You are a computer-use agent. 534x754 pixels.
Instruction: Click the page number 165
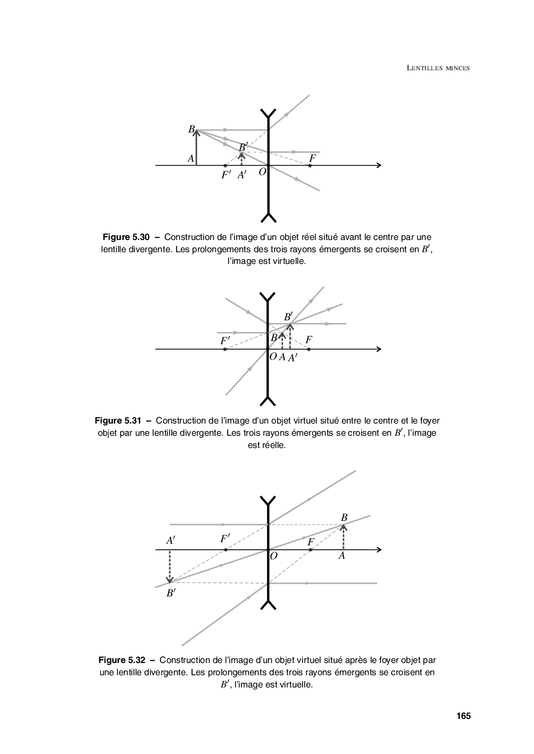coord(463,716)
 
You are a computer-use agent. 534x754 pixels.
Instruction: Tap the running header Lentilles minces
coord(438,68)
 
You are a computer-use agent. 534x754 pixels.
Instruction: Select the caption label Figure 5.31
coord(118,420)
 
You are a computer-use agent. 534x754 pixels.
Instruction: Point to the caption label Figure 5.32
coord(122,660)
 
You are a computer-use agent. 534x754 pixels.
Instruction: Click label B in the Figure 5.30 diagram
coord(191,129)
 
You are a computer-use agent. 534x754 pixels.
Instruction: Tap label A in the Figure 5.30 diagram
coord(190,158)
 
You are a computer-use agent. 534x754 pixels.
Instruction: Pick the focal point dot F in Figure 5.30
coord(310,165)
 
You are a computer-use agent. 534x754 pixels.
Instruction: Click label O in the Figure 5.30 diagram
coord(262,172)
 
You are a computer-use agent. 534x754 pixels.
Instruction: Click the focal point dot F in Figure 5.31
coord(309,349)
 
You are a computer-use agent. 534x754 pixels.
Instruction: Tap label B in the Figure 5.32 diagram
coord(344,518)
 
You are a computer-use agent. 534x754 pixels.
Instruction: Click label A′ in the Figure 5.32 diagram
coord(171,541)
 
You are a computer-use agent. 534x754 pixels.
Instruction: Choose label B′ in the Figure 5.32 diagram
coord(171,593)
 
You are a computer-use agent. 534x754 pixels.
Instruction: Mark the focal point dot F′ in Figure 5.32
coord(226,549)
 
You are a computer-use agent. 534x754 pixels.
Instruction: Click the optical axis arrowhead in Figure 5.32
coord(379,549)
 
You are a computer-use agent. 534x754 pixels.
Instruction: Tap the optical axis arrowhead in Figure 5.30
coord(379,165)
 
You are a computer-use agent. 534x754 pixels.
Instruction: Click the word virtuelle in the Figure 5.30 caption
coord(288,261)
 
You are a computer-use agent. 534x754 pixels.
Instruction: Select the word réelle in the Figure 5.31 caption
coord(274,445)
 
